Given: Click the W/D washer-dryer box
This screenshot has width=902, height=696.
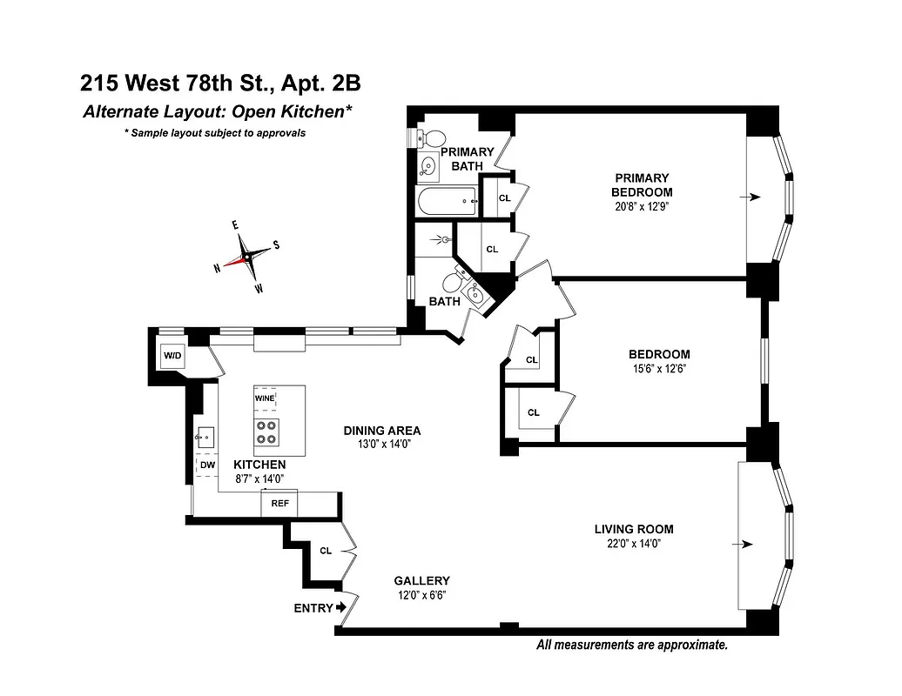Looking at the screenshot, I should click(x=172, y=356).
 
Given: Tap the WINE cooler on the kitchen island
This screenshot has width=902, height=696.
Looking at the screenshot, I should click(x=266, y=398).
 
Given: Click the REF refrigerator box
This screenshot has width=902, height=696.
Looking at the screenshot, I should click(x=279, y=503).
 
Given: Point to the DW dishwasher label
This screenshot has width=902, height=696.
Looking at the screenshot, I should click(x=207, y=465).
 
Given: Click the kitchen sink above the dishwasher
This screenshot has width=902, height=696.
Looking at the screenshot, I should click(x=205, y=437).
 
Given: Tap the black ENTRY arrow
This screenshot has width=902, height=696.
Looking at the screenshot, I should click(x=341, y=607).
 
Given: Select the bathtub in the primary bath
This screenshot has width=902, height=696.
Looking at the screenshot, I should click(x=447, y=203).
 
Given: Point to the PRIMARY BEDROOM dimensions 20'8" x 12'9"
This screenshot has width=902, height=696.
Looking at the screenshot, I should click(x=642, y=206).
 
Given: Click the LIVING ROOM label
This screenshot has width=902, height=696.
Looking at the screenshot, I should click(x=634, y=529).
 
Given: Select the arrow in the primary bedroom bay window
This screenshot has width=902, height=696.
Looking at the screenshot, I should click(x=750, y=197).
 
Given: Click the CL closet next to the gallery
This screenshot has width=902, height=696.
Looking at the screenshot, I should click(x=326, y=551).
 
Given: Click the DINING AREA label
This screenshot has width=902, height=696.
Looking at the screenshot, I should click(x=381, y=430).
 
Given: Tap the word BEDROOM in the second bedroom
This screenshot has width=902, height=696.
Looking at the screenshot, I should click(x=659, y=354).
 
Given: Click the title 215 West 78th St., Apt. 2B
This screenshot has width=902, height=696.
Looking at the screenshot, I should click(x=220, y=84).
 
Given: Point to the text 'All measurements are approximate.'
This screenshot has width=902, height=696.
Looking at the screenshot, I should click(x=631, y=645).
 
